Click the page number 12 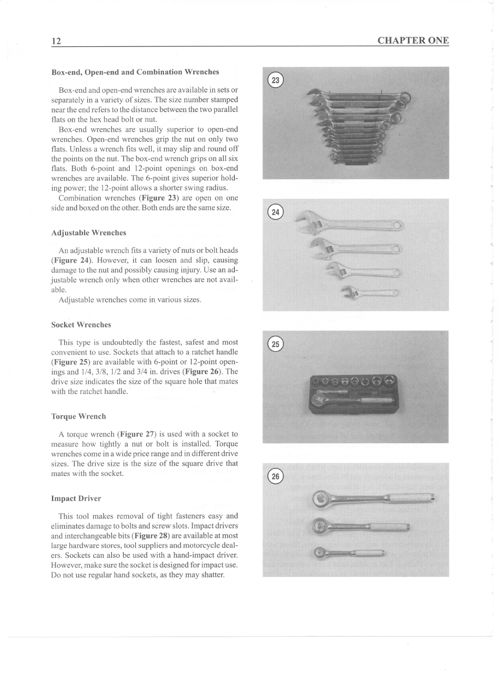[56, 41]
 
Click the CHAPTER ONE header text [413, 41]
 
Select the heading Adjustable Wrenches [88, 233]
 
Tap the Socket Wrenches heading [81, 325]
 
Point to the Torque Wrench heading [78, 416]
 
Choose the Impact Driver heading [76, 499]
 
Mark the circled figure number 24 [275, 212]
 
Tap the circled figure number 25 [275, 344]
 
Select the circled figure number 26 [275, 476]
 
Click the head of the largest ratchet [323, 499]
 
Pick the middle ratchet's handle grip [390, 526]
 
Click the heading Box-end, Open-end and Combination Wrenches [135, 72]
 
